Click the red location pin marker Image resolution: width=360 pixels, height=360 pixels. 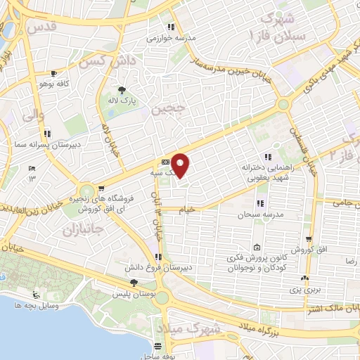pyautogui.click(x=181, y=165)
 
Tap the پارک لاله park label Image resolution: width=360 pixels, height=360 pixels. pyautogui.click(x=123, y=101)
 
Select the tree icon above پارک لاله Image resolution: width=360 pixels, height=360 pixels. pyautogui.click(x=123, y=90)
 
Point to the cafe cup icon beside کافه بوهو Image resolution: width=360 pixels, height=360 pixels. pyautogui.click(x=53, y=73)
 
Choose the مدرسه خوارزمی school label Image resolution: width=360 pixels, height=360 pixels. pyautogui.click(x=169, y=39)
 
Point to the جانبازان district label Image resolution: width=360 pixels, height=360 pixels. pyautogui.click(x=82, y=230)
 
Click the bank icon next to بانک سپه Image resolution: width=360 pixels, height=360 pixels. pyautogui.click(x=165, y=161)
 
